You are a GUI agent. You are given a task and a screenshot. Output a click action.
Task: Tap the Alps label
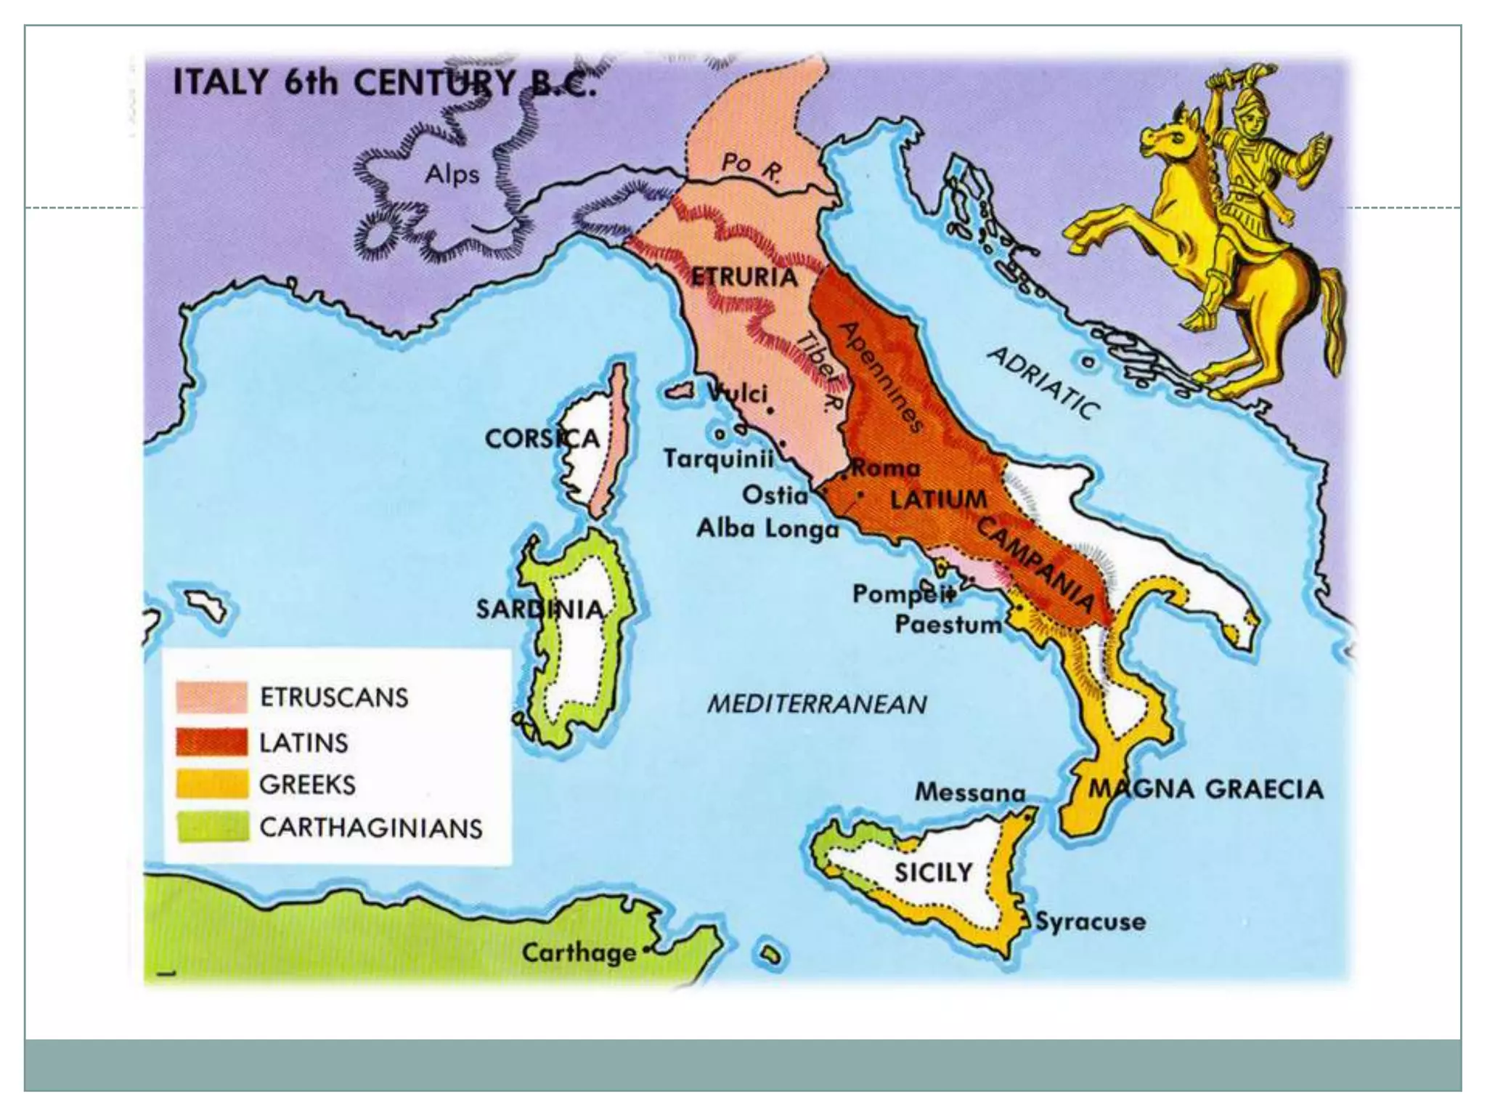tap(452, 174)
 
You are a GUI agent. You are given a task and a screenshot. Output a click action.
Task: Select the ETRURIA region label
tap(743, 277)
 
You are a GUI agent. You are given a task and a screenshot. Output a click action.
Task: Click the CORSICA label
tap(542, 438)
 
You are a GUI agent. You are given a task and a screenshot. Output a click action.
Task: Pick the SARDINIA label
tap(539, 609)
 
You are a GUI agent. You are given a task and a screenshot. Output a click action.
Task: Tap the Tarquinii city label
tap(717, 459)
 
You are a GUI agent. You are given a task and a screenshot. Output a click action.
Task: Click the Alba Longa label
tap(767, 528)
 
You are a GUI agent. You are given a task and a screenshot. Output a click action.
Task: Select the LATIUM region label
tap(939, 499)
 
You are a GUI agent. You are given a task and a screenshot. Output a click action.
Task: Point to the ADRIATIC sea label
tap(1044, 382)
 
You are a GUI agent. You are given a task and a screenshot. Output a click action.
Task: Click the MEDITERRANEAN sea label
tap(817, 703)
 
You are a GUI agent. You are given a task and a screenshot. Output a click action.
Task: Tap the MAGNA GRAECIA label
tap(1205, 789)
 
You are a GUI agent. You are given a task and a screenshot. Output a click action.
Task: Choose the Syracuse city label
tap(1090, 922)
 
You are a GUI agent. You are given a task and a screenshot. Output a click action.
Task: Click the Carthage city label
tap(578, 953)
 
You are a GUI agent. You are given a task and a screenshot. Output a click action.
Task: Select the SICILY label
tap(932, 871)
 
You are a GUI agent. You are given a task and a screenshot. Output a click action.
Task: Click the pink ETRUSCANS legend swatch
tap(211, 697)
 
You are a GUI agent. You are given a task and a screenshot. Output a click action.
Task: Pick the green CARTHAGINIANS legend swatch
tap(211, 827)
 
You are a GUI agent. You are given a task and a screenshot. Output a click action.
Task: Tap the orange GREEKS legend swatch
tap(211, 784)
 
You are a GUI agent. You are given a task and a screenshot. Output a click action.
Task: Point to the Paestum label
tap(948, 624)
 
